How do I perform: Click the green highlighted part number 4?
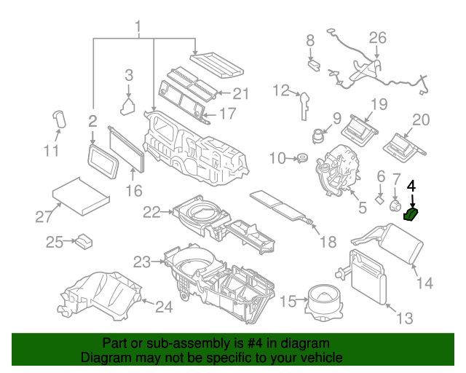coord(413,213)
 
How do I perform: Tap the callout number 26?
coord(377,37)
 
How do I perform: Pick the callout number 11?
coord(50,151)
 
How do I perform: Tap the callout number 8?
coord(310,40)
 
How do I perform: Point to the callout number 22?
coord(151,212)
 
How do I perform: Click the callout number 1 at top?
coord(137,28)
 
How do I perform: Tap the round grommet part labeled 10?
coord(299,157)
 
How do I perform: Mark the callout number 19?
coord(379,104)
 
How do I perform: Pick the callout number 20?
coord(422,120)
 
